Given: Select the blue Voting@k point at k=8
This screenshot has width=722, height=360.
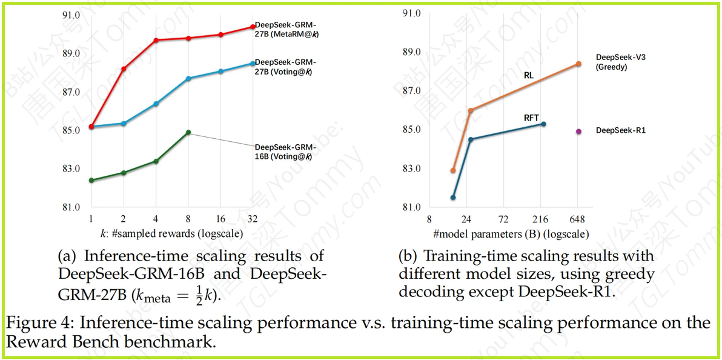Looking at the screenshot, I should click(188, 78).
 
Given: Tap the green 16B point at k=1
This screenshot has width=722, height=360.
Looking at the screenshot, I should click(91, 180).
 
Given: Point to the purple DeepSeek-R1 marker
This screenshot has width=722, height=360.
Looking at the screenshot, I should click(578, 131).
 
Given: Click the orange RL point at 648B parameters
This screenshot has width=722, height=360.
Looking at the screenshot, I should click(578, 64).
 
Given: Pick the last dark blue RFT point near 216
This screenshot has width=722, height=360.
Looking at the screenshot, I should click(543, 124).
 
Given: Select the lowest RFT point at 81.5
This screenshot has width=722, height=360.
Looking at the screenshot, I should click(453, 198).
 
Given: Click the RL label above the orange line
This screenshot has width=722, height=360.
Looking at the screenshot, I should click(529, 76).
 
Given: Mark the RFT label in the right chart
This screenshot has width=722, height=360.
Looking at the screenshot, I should click(531, 118).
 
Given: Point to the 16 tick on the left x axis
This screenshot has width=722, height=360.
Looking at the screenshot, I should click(220, 218).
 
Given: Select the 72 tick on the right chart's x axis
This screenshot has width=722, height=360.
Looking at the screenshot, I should click(503, 218).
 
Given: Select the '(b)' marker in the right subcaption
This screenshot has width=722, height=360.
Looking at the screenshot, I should click(408, 256).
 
